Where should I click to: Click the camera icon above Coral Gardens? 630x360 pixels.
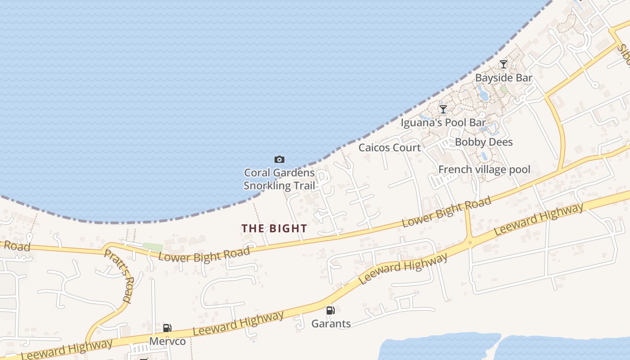tap(279, 159)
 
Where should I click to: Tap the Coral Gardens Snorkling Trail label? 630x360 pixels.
tap(279, 179)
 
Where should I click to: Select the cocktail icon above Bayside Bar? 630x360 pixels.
tap(504, 64)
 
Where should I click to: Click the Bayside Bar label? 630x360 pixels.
tap(504, 78)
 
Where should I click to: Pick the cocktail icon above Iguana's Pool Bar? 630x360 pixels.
tap(443, 109)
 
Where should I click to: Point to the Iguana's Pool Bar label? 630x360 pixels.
tap(443, 122)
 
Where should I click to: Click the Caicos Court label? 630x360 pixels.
tap(390, 148)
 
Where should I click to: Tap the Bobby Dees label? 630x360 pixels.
tap(484, 142)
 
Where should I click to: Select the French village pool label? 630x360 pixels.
tap(484, 170)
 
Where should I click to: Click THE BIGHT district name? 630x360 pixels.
tap(274, 229)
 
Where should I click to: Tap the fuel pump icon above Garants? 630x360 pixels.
tap(331, 310)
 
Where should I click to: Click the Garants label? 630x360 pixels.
tap(331, 324)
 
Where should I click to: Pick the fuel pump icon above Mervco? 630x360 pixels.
tap(167, 328)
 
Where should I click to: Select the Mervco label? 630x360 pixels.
tap(167, 342)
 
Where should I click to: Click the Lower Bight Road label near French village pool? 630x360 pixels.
tap(446, 212)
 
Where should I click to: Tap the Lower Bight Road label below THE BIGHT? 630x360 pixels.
tap(204, 255)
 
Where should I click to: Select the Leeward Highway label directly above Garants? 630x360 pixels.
tap(404, 268)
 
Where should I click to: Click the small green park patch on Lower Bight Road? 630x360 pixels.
tap(153, 247)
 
